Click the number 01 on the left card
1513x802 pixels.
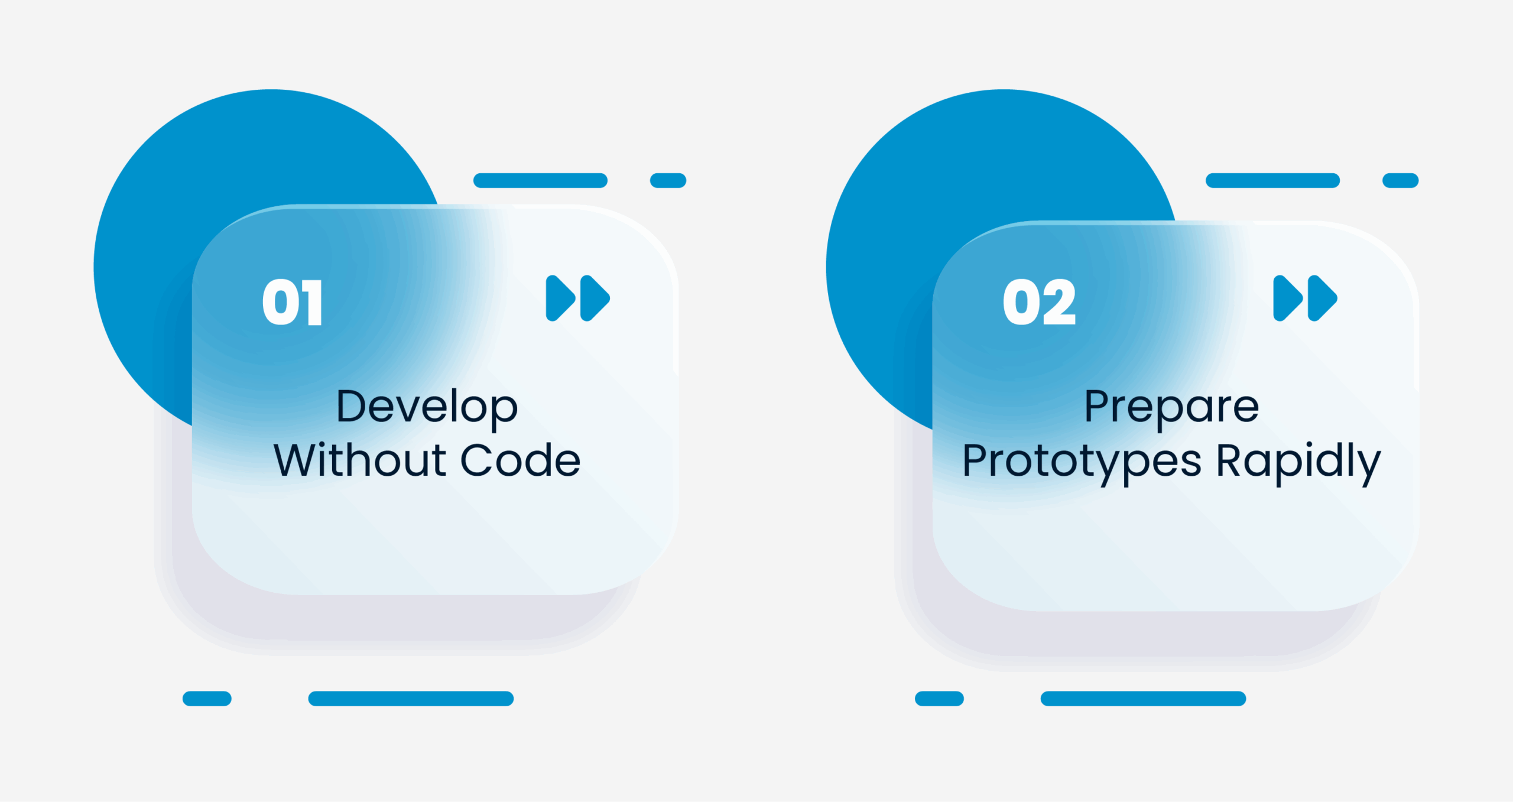click(293, 302)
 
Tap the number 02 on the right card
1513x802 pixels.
click(1040, 302)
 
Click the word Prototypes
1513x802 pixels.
click(1082, 463)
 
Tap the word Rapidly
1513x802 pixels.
click(1298, 463)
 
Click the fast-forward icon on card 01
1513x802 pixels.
click(577, 298)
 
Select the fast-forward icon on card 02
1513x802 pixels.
click(1305, 298)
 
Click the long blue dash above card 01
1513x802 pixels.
click(540, 180)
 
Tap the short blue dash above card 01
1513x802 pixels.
click(668, 180)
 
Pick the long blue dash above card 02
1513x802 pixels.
click(1272, 180)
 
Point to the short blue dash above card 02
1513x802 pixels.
click(1400, 180)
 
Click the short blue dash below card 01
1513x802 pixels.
click(207, 699)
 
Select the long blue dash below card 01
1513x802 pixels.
click(411, 699)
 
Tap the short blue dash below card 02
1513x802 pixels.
click(939, 699)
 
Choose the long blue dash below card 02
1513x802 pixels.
click(1143, 699)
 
